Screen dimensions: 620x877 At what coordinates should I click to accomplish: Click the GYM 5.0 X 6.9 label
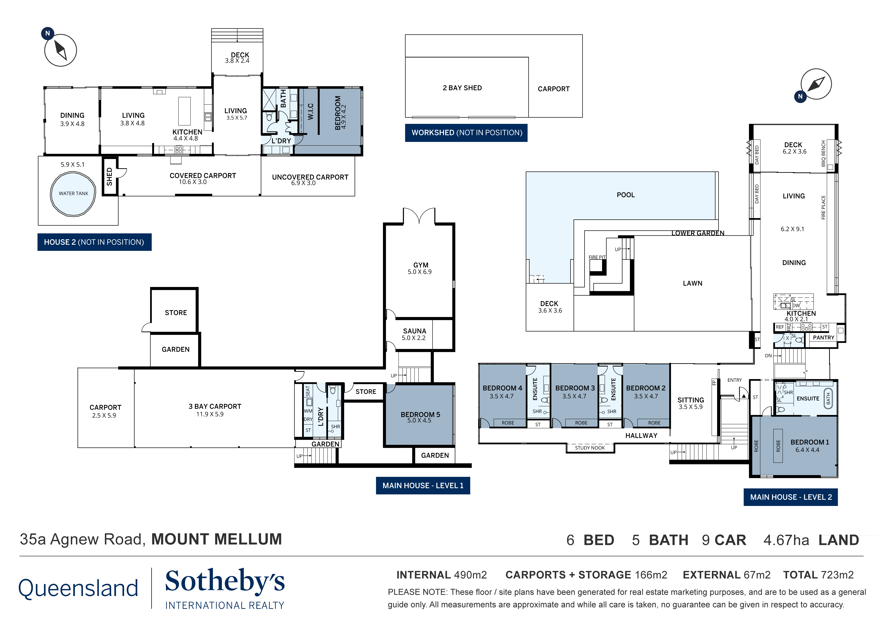click(420, 268)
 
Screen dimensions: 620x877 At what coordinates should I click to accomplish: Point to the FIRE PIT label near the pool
click(597, 257)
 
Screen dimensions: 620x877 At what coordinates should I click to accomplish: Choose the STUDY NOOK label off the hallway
click(590, 448)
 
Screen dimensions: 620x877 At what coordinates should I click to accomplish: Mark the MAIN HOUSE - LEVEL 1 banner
click(423, 485)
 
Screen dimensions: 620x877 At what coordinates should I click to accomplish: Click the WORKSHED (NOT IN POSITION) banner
click(466, 133)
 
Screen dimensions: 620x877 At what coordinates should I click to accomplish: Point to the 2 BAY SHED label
click(462, 88)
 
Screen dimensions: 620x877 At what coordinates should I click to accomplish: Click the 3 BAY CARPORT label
click(215, 407)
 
